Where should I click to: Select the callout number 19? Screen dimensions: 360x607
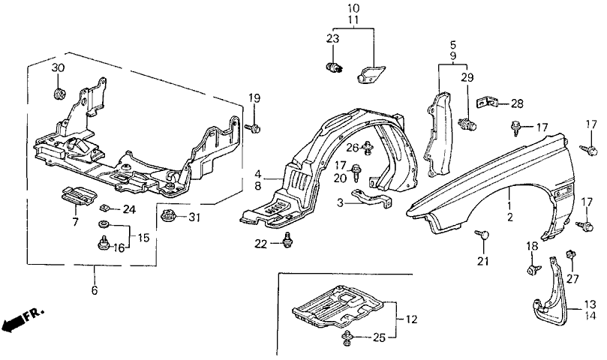click(x=254, y=98)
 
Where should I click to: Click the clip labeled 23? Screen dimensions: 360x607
click(x=335, y=68)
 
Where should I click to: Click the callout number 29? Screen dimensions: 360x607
click(x=467, y=78)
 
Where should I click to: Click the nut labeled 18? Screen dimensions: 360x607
click(x=532, y=268)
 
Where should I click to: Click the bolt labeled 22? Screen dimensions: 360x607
click(x=287, y=239)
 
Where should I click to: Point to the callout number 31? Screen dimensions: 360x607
click(x=195, y=217)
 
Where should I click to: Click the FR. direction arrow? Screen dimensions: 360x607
click(x=23, y=321)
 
